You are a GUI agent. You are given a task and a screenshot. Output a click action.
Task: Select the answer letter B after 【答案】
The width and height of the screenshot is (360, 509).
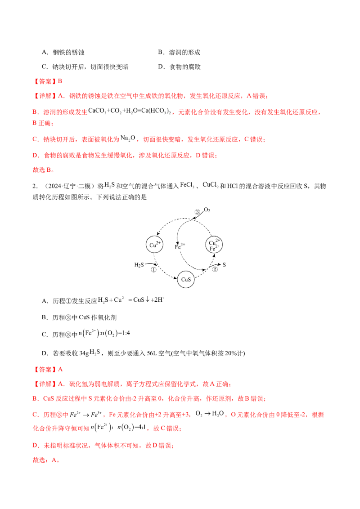pyautogui.click(x=62, y=81)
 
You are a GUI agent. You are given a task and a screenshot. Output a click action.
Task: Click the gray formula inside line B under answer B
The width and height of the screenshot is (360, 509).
pyautogui.click(x=130, y=110)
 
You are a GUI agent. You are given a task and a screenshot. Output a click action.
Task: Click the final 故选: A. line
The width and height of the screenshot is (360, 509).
pyautogui.click(x=46, y=461)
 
